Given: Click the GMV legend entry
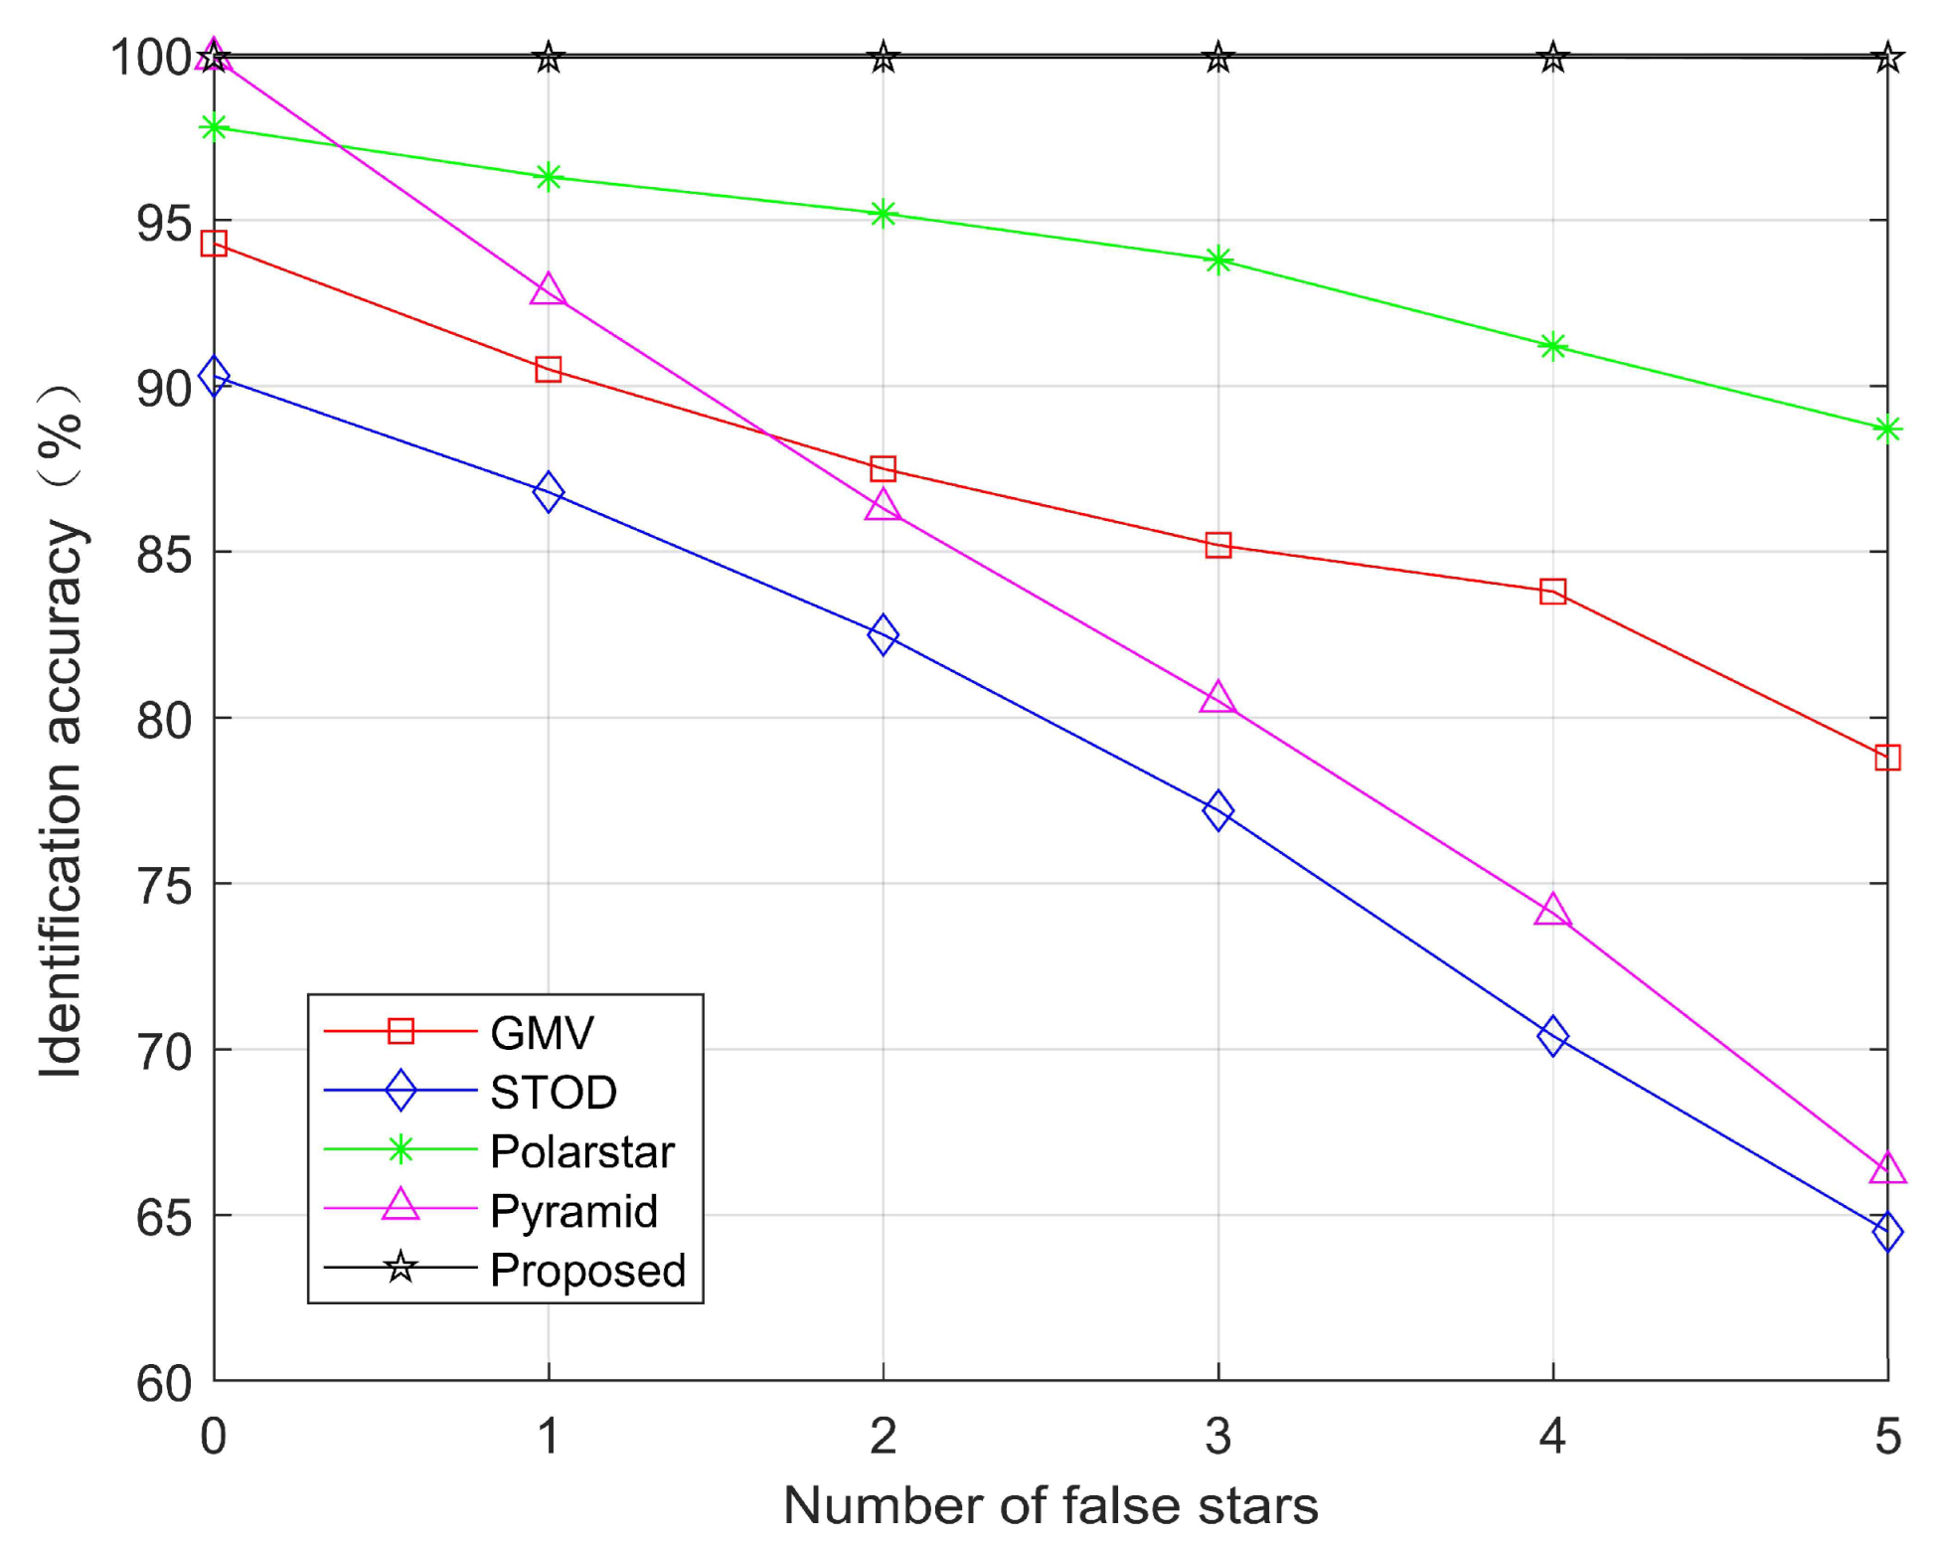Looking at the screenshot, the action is [x=542, y=1032].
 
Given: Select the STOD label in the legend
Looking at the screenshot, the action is [x=554, y=1092].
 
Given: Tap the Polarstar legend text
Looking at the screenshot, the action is [x=582, y=1151].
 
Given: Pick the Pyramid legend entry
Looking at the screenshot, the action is [x=573, y=1211].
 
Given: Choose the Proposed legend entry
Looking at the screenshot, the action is [x=587, y=1270].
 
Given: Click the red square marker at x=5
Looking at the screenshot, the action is [x=1887, y=758].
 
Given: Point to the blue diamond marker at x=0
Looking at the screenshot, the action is [x=214, y=377].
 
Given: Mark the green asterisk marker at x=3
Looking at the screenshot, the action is [x=1218, y=260].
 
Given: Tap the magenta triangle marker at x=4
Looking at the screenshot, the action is [x=1552, y=911].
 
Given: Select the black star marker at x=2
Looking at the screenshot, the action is [x=883, y=58].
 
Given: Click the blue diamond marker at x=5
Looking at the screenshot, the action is [x=1887, y=1232].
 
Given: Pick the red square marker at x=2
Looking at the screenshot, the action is [x=883, y=468].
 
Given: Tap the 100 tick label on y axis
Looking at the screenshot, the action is [x=151, y=58].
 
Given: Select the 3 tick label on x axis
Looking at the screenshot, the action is [x=1218, y=1437].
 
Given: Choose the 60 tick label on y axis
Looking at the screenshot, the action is [x=164, y=1383].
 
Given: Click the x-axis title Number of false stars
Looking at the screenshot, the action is [x=1050, y=1504].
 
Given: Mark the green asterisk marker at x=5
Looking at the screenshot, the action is [x=1887, y=430].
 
